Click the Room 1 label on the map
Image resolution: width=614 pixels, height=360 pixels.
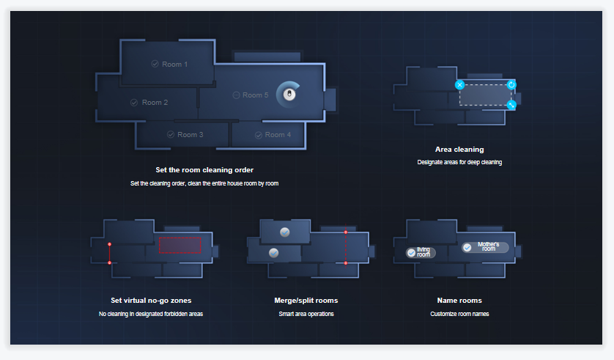pyautogui.click(x=170, y=65)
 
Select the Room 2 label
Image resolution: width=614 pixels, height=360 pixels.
pyautogui.click(x=149, y=103)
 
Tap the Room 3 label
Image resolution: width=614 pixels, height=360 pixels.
pyautogui.click(x=185, y=135)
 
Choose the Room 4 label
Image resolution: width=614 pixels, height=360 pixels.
pyautogui.click(x=273, y=135)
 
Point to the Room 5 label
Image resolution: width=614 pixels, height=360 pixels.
pyautogui.click(x=251, y=95)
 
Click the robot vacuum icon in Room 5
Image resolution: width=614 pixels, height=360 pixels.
pyautogui.click(x=289, y=95)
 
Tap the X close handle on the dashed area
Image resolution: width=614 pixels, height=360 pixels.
pyautogui.click(x=459, y=85)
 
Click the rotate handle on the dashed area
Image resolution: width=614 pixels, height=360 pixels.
pyautogui.click(x=511, y=85)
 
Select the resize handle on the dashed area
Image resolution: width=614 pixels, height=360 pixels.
pyautogui.click(x=511, y=105)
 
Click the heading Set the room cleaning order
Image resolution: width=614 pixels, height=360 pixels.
pyautogui.click(x=204, y=170)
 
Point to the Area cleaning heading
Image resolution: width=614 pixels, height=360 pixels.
pyautogui.click(x=459, y=150)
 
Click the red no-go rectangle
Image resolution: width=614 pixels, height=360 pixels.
pyautogui.click(x=180, y=246)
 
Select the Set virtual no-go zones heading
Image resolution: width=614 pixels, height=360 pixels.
pyautogui.click(x=151, y=301)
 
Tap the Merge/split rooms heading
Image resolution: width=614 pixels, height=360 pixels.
pyautogui.click(x=306, y=301)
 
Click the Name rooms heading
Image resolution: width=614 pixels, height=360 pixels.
pyautogui.click(x=459, y=301)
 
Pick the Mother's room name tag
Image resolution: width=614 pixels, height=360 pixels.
pyautogui.click(x=485, y=247)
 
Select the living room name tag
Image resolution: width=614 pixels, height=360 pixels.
pyautogui.click(x=421, y=252)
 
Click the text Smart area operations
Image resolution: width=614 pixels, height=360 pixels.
pyautogui.click(x=306, y=314)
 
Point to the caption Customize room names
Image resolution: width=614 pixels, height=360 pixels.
pyautogui.click(x=459, y=314)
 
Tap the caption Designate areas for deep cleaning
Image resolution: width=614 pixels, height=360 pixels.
pyautogui.click(x=459, y=162)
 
